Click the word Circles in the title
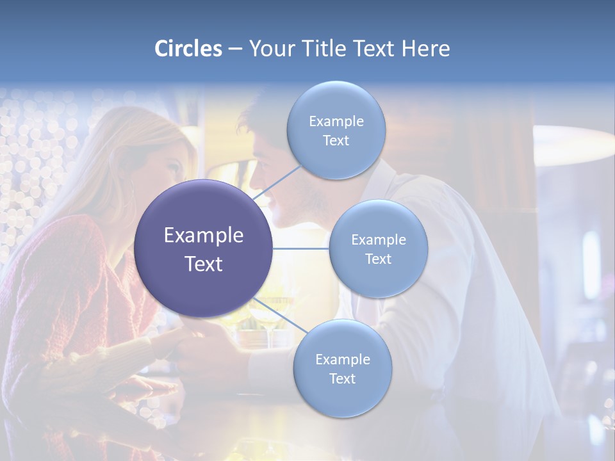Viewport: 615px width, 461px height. click(188, 49)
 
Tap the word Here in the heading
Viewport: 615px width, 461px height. click(426, 49)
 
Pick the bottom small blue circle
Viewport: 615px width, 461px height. click(342, 397)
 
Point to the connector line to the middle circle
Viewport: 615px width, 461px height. click(301, 248)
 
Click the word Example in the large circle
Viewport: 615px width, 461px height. click(204, 236)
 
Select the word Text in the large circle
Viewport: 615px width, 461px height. click(204, 264)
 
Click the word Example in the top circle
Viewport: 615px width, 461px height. click(336, 121)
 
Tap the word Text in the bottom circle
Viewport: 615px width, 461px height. click(342, 378)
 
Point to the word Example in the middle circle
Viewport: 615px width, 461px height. click(378, 240)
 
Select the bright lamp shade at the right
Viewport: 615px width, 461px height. click(573, 144)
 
